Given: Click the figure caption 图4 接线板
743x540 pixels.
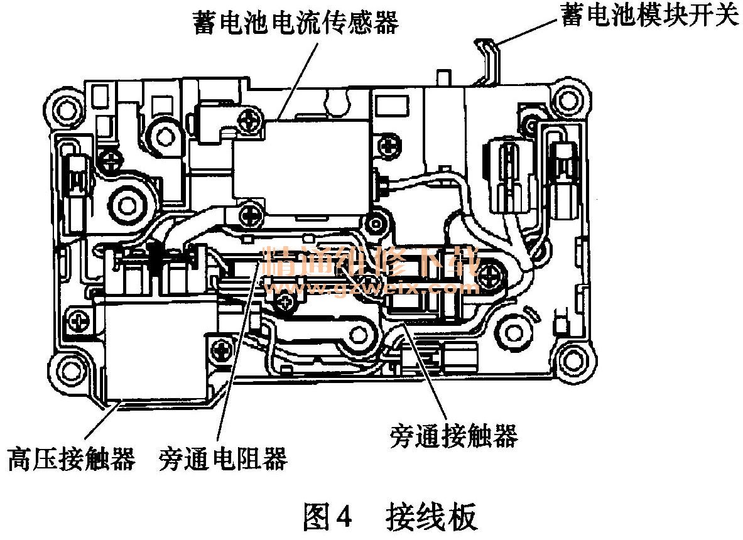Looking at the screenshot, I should [389, 517].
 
